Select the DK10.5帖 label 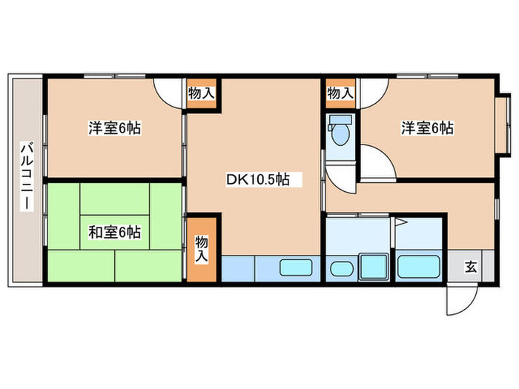coord(257,179)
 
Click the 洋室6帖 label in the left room coord(115,128)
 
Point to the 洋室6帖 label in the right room coord(428,128)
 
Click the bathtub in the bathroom coord(420,265)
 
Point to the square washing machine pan coord(374,265)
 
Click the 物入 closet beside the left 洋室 coord(201,94)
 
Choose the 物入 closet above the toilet coord(340,94)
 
